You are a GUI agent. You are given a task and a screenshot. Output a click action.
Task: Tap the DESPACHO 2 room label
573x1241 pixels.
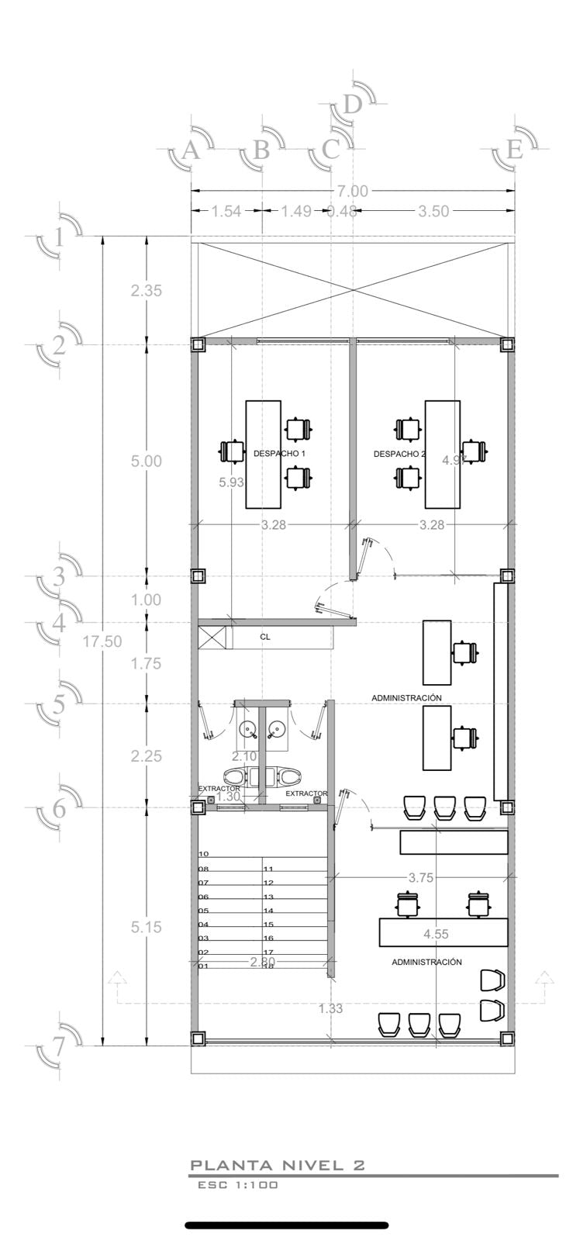(399, 454)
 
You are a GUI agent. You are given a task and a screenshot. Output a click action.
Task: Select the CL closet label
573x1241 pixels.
(265, 637)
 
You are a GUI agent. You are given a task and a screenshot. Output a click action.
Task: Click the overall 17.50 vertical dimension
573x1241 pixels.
(101, 641)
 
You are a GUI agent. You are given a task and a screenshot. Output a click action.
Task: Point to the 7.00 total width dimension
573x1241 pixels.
(352, 191)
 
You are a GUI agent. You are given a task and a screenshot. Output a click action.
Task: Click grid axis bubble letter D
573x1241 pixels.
(353, 105)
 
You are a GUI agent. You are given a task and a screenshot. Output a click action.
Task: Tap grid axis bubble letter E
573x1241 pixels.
(514, 150)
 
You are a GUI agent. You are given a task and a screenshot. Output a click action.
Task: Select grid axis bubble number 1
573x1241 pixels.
(60, 237)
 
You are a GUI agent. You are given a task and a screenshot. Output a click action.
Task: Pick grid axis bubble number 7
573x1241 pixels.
(60, 1046)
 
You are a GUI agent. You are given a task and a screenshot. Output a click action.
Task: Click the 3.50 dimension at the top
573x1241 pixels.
(433, 211)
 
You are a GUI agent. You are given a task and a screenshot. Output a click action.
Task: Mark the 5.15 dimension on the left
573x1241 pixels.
(146, 927)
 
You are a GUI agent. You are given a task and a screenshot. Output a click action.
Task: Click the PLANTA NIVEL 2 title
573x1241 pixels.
(277, 1165)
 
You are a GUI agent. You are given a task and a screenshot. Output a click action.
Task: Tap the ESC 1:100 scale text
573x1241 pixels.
(237, 1185)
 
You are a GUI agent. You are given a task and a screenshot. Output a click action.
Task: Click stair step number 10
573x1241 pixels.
(203, 854)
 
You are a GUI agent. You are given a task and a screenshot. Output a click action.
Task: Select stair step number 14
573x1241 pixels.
(268, 911)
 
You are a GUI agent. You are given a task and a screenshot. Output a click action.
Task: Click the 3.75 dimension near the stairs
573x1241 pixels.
(420, 878)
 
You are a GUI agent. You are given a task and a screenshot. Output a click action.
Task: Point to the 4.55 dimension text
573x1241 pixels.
(436, 934)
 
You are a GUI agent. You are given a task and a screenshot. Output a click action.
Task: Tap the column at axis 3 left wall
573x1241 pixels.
(198, 576)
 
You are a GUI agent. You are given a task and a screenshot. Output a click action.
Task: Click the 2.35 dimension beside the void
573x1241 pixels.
(146, 291)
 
